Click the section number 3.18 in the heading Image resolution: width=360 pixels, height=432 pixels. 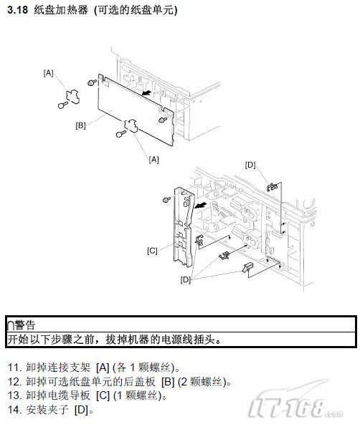click(18, 10)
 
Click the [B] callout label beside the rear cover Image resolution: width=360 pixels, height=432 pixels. click(80, 125)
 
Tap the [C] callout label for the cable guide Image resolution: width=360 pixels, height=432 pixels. click(152, 251)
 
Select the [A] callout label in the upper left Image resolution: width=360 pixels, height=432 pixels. click(49, 73)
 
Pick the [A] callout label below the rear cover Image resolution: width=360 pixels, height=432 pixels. click(153, 160)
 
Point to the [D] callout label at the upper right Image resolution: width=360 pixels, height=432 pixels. click(250, 165)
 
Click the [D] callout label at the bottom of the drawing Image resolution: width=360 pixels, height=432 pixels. click(186, 279)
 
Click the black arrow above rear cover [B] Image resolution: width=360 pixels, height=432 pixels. click(146, 92)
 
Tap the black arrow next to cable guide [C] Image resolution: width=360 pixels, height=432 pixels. click(200, 206)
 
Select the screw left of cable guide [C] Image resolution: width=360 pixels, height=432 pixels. click(166, 199)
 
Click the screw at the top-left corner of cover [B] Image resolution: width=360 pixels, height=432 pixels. click(92, 82)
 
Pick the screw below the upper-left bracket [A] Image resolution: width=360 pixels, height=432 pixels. click(63, 105)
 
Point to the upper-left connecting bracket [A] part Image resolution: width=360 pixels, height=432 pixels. click(72, 95)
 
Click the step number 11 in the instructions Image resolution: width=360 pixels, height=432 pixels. click(14, 368)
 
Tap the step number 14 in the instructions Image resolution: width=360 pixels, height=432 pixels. click(14, 409)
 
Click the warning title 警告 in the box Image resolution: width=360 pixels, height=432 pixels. click(25, 325)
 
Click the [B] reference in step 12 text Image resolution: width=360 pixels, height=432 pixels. click(168, 382)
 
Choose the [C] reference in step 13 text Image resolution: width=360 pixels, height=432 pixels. click(103, 395)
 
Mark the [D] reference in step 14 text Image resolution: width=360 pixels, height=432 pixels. click(81, 410)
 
